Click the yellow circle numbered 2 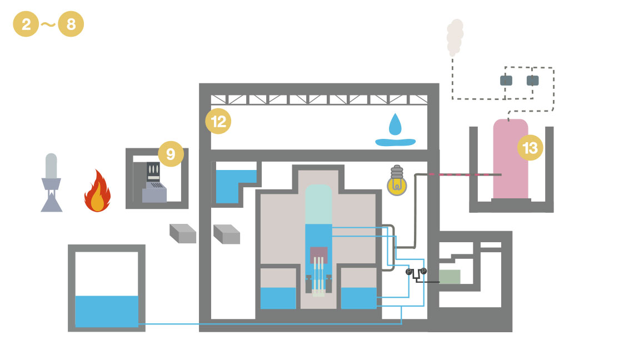pyautogui.click(x=26, y=24)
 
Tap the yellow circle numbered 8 pyautogui.click(x=71, y=24)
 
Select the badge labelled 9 pyautogui.click(x=171, y=153)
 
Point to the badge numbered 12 pyautogui.click(x=218, y=121)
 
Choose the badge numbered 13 pyautogui.click(x=530, y=147)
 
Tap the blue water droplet pyautogui.click(x=395, y=124)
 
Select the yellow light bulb pyautogui.click(x=397, y=181)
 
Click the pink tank pyautogui.click(x=511, y=159)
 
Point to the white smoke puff pyautogui.click(x=455, y=37)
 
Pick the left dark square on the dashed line pyautogui.click(x=506, y=81)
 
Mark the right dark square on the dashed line pyautogui.click(x=533, y=81)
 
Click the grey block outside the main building pyautogui.click(x=183, y=233)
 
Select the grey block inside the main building pyautogui.click(x=227, y=234)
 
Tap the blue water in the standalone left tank pyautogui.click(x=107, y=311)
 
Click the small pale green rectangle pyautogui.click(x=450, y=277)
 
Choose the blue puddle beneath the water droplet pyautogui.click(x=395, y=142)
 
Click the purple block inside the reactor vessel pyautogui.click(x=319, y=254)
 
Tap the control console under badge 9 pyautogui.click(x=153, y=182)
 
